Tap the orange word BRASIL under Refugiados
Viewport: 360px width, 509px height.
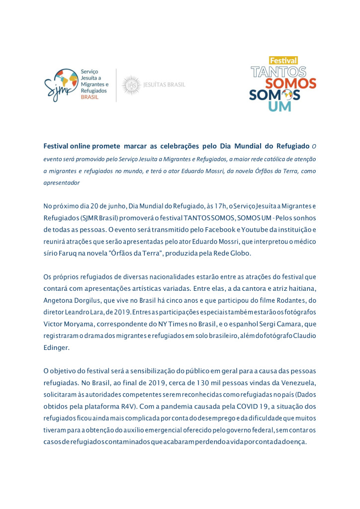(x=90, y=97)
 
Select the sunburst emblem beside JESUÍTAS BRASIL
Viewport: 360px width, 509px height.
(x=131, y=85)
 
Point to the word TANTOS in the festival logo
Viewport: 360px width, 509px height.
(x=278, y=72)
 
